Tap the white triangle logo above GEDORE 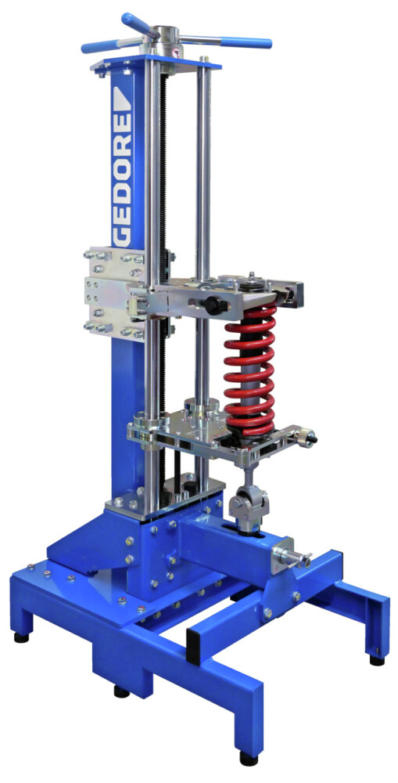(x=122, y=98)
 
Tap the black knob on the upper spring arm (x=213, y=305)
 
